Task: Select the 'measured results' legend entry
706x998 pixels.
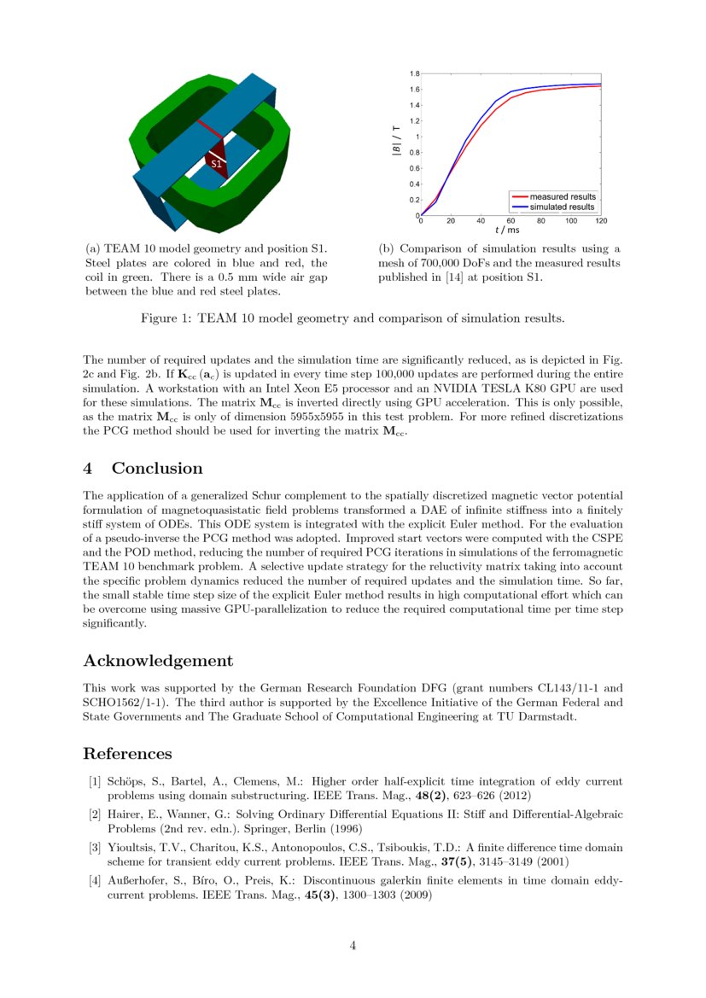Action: pyautogui.click(x=562, y=196)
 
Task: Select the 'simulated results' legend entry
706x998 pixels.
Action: pyautogui.click(x=562, y=207)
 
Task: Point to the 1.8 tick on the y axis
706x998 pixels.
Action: pyautogui.click(x=413, y=74)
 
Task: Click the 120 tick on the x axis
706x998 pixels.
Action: pyautogui.click(x=600, y=220)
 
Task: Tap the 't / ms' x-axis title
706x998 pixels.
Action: pyautogui.click(x=507, y=230)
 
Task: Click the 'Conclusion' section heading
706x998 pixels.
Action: pyautogui.click(x=157, y=468)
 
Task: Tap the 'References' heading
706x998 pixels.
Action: pyautogui.click(x=127, y=753)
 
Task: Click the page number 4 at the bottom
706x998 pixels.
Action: pyautogui.click(x=353, y=945)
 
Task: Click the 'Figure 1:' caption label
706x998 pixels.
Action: pyautogui.click(x=166, y=318)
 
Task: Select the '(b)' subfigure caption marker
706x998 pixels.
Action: pyautogui.click(x=387, y=248)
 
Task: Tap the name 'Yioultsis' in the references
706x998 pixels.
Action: pyautogui.click(x=131, y=848)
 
